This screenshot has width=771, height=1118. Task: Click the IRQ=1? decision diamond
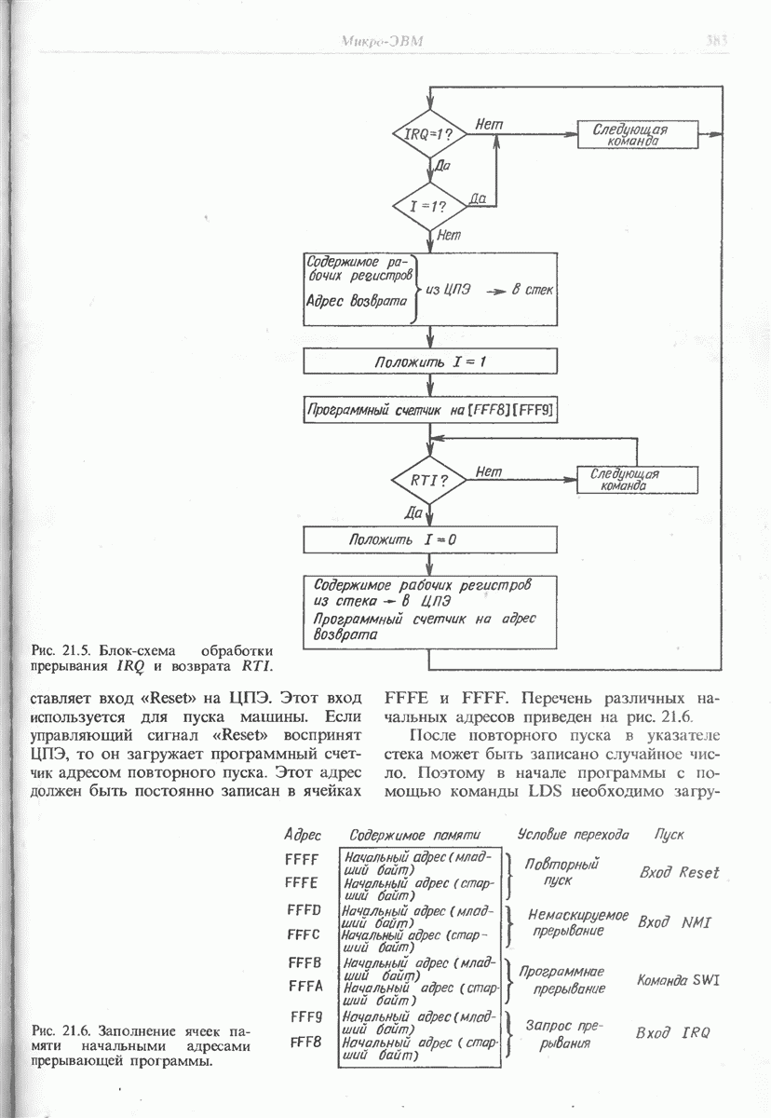pyautogui.click(x=429, y=134)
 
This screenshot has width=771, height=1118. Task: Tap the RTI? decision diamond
pyautogui.click(x=429, y=481)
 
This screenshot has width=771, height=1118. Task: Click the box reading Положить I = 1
pyautogui.click(x=430, y=361)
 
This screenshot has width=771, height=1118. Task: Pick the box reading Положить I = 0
pyautogui.click(x=430, y=539)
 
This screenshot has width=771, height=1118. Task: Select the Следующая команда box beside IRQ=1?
pyautogui.click(x=637, y=134)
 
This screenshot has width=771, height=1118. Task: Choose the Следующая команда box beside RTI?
pyautogui.click(x=637, y=480)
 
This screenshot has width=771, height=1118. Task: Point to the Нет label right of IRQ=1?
pyautogui.click(x=490, y=124)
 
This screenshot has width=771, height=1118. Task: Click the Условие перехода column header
pyautogui.click(x=573, y=834)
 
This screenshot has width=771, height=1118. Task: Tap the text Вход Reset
pyautogui.click(x=679, y=873)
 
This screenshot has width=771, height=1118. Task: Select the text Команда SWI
pyautogui.click(x=679, y=980)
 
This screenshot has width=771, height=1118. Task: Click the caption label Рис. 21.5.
pyautogui.click(x=59, y=649)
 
